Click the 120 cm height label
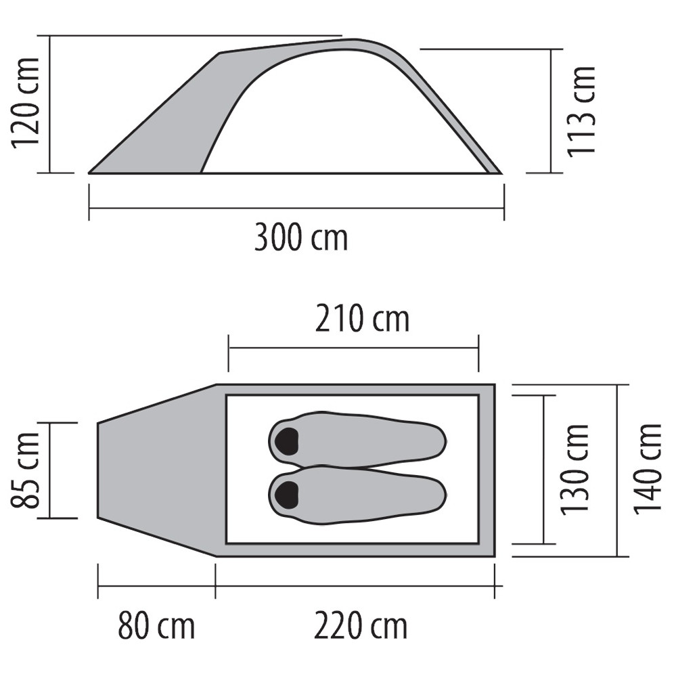point(26,102)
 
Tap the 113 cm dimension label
point(581,112)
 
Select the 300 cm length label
point(301,238)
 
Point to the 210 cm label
point(362,319)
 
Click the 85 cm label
point(25,470)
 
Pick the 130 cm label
point(575,470)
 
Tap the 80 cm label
point(156,626)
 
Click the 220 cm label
point(360,626)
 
